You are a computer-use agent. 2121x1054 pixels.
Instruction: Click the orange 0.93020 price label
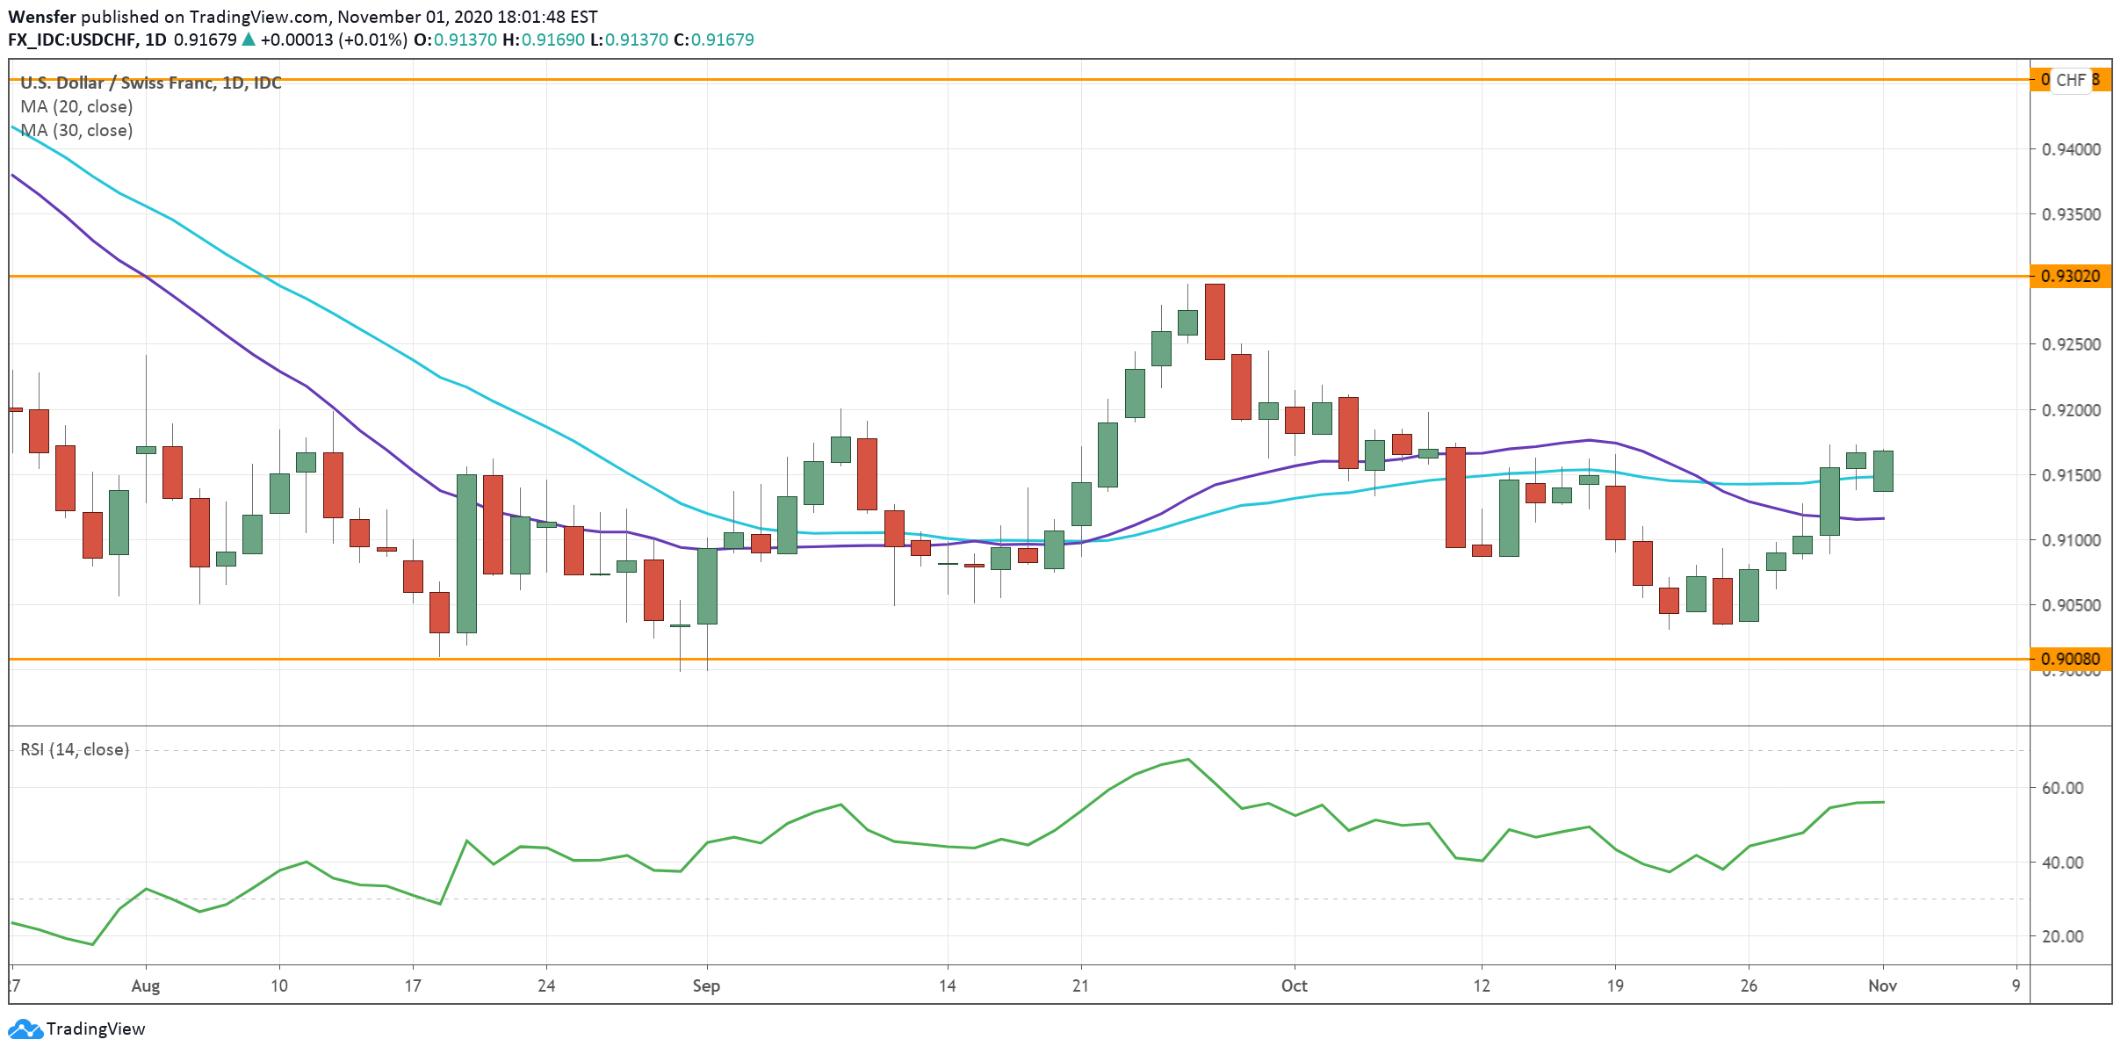(x=2070, y=277)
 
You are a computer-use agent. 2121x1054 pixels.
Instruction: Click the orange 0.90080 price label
(x=2070, y=659)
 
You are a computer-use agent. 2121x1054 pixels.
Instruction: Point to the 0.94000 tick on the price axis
(x=2071, y=149)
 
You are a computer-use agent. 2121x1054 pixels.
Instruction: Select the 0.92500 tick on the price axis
(x=2071, y=344)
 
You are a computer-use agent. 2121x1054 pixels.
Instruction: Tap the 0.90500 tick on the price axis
(x=2071, y=605)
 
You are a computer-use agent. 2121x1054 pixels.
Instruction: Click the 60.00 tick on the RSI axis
(x=2062, y=788)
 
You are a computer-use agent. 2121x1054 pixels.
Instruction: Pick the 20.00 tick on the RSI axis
(x=2062, y=936)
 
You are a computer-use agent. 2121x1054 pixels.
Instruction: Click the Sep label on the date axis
(x=706, y=985)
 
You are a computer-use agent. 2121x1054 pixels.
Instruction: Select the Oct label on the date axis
(x=1294, y=985)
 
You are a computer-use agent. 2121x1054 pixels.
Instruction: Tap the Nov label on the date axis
(x=1882, y=985)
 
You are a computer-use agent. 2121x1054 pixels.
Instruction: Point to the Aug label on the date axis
(x=146, y=985)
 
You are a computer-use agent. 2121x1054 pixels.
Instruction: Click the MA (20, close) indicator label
(x=76, y=106)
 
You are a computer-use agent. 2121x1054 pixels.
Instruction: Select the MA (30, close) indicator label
(x=76, y=130)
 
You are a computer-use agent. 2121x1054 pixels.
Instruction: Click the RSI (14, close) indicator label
(x=75, y=749)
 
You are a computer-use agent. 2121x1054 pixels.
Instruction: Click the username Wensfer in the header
(x=42, y=17)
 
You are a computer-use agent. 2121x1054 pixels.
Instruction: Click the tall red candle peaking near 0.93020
(x=1215, y=321)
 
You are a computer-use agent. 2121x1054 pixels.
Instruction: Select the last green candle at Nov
(x=1883, y=471)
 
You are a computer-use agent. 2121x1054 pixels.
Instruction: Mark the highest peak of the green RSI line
(x=1188, y=759)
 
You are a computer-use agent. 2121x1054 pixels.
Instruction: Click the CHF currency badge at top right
(x=2070, y=80)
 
